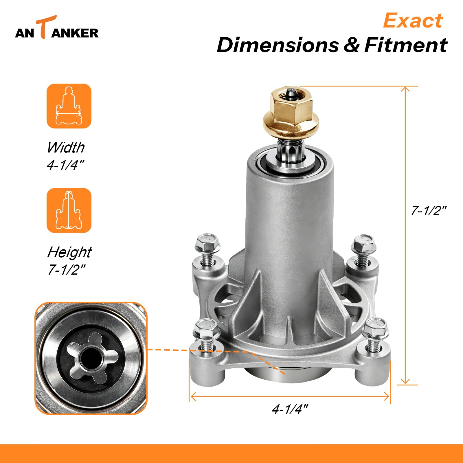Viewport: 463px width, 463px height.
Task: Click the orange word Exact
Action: [x=413, y=21]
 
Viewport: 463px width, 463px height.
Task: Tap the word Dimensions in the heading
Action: [x=278, y=45]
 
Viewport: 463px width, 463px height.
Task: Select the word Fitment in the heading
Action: [x=406, y=45]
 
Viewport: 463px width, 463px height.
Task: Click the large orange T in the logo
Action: [x=45, y=27]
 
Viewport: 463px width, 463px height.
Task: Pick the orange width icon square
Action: [x=69, y=106]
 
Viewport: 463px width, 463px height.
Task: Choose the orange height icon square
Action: [x=69, y=210]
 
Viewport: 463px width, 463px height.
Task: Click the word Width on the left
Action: [x=66, y=147]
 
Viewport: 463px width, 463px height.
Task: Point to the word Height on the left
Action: [x=69, y=252]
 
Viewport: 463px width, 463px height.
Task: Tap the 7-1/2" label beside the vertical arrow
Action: [x=429, y=211]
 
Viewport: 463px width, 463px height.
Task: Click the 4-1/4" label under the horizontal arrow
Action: [x=290, y=409]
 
